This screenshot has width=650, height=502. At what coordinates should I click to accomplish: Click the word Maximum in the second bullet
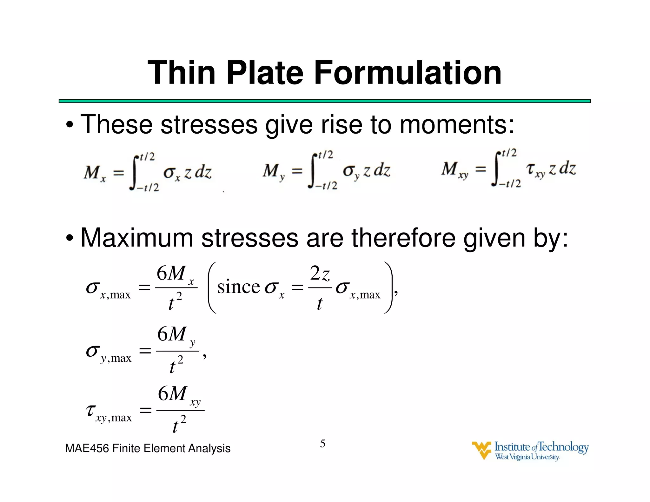pos(137,238)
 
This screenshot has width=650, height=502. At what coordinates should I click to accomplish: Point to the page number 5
pos(322,443)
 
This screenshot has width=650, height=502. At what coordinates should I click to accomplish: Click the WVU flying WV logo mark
pos(481,450)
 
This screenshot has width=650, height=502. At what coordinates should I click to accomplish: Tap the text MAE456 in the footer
pos(87,448)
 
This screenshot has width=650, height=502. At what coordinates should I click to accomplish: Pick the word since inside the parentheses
pos(238,287)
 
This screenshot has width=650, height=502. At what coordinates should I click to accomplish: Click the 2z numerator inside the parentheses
pos(320,274)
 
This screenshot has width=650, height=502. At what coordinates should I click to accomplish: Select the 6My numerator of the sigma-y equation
pos(176,335)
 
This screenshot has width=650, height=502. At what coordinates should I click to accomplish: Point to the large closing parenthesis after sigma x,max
pos(388,287)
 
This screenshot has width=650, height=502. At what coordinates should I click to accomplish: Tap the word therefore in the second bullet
pos(403,238)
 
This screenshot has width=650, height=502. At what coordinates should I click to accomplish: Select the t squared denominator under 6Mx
pos(175,303)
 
